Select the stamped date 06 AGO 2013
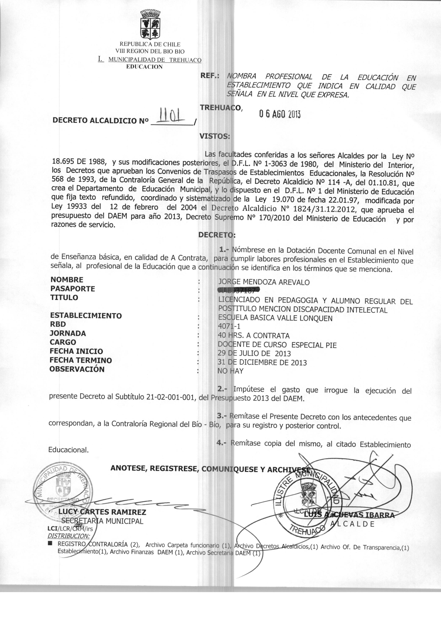coord(280,115)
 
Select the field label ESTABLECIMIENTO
coord(86,315)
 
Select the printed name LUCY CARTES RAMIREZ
coord(102,512)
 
